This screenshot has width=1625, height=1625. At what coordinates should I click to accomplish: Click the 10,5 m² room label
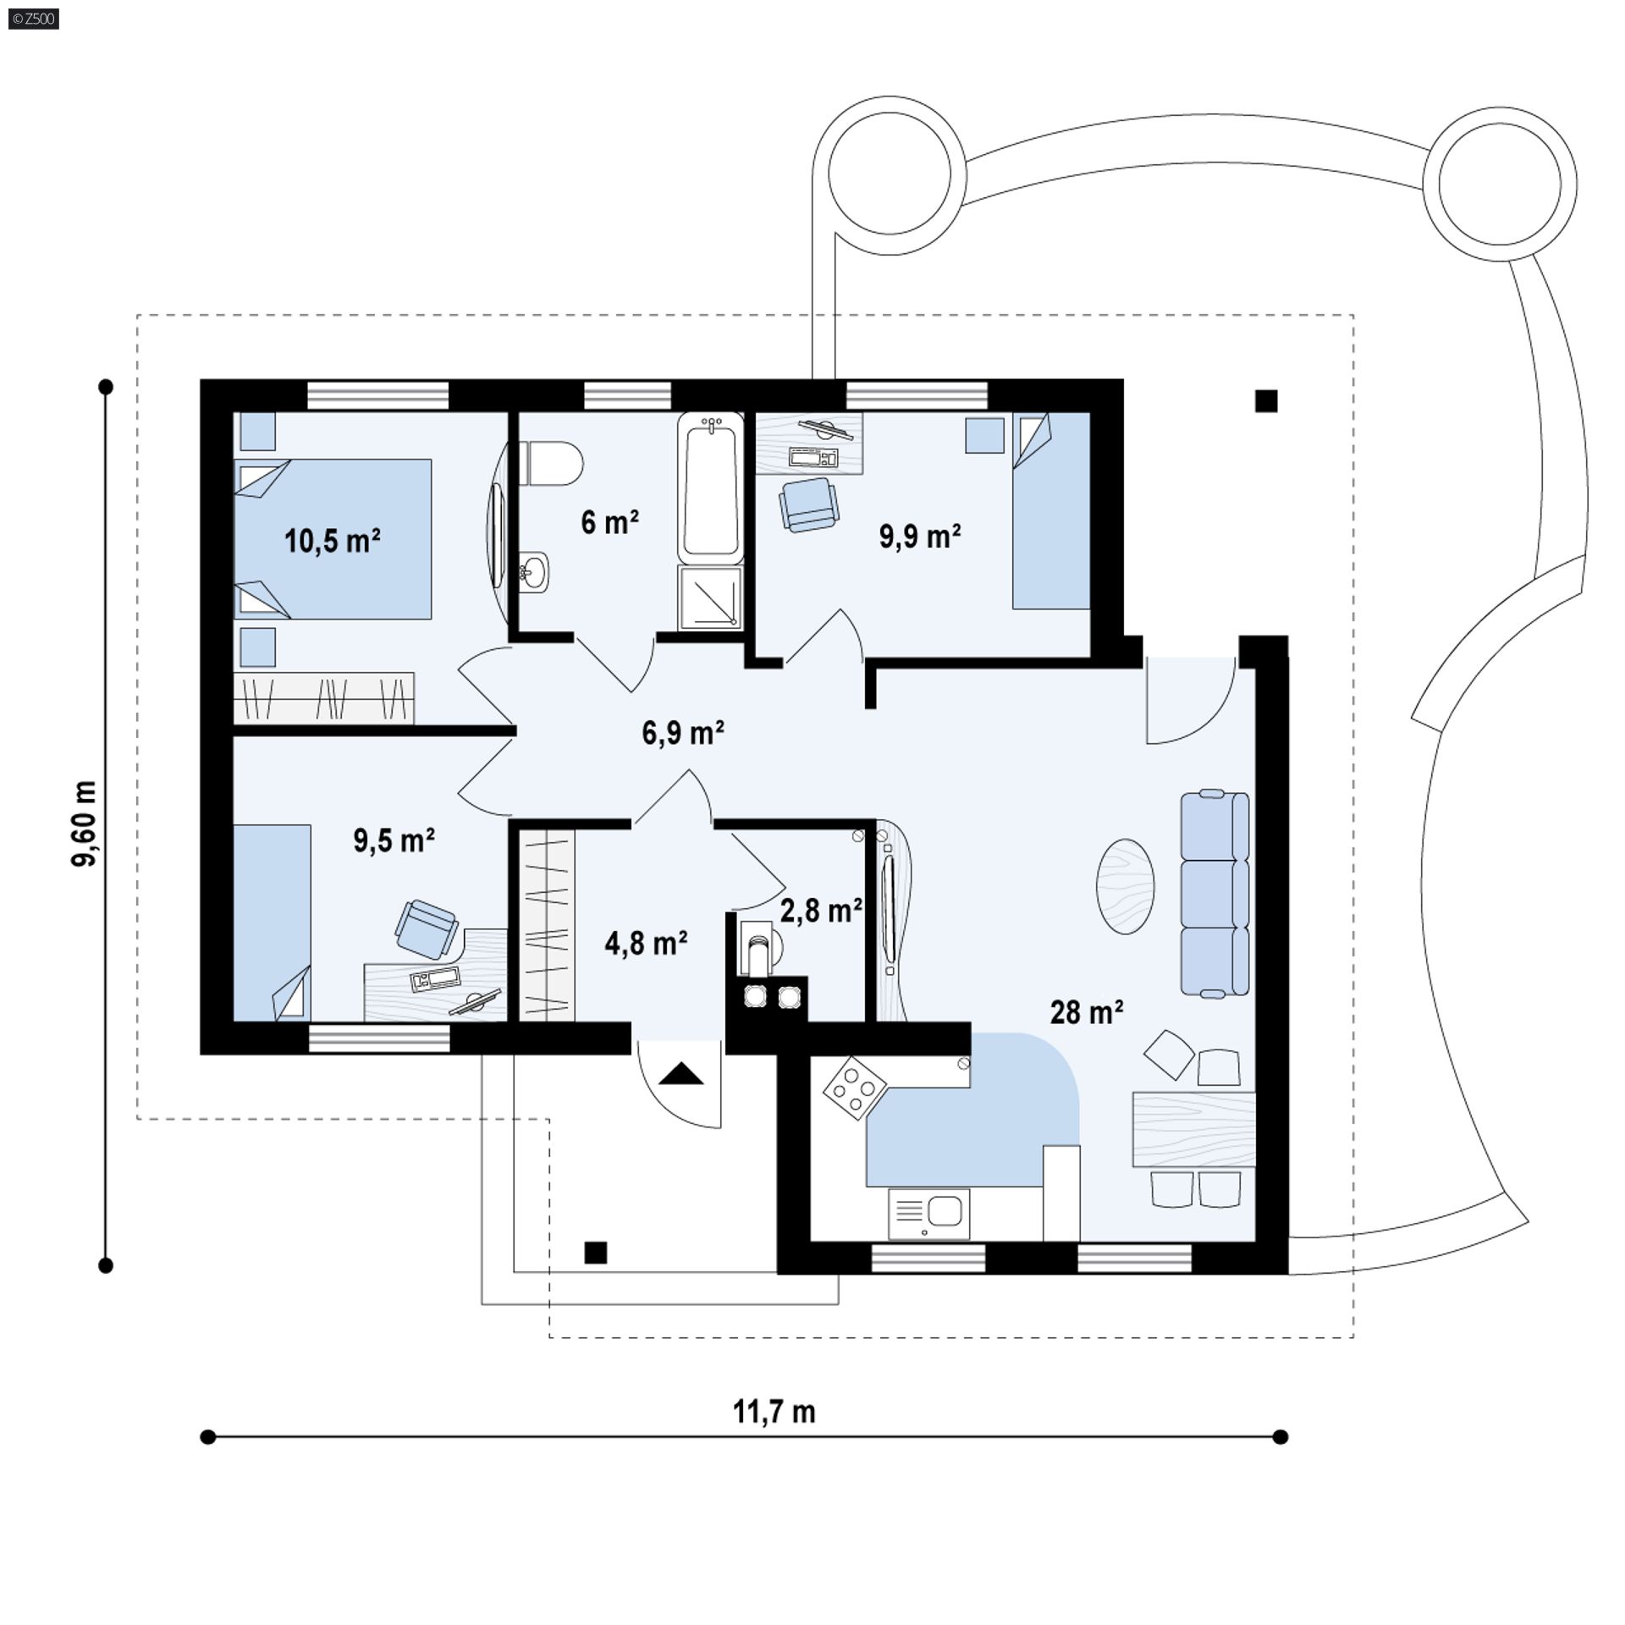(332, 540)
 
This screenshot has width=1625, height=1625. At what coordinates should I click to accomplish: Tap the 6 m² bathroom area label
(609, 522)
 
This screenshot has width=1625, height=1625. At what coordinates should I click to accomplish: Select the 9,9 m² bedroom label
(920, 537)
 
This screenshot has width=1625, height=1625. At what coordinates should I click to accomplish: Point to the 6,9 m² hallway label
(683, 732)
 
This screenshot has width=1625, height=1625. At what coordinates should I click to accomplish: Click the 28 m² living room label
(1087, 1012)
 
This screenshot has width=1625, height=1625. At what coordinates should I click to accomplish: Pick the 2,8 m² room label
(820, 911)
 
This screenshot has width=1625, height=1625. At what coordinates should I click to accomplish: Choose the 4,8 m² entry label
(646, 943)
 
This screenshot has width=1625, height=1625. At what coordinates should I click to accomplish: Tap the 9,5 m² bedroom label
(394, 840)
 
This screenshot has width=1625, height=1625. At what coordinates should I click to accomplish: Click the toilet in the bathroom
(552, 463)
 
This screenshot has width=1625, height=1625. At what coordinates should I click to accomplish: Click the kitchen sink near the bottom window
(928, 1214)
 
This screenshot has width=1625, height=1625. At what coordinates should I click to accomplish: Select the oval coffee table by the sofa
(1126, 886)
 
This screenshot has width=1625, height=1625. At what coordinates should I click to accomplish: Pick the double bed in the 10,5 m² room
(333, 539)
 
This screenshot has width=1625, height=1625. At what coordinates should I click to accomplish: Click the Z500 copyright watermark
(34, 18)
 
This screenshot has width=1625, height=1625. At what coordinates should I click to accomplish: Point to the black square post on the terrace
(1266, 400)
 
